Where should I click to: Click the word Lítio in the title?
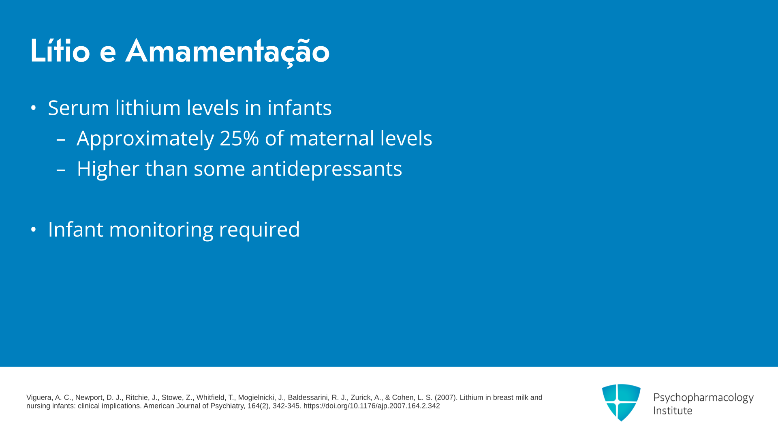(60, 51)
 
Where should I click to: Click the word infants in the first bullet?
(299, 108)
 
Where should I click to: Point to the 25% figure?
(239, 138)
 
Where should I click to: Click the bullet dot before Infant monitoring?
(34, 230)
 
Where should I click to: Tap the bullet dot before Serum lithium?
(34, 108)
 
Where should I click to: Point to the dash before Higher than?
(61, 170)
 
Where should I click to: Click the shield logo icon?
(621, 402)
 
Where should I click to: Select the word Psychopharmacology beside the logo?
(703, 398)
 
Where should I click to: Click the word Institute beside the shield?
(673, 410)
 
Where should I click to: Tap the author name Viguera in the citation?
(39, 398)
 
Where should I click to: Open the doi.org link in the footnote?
(372, 406)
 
